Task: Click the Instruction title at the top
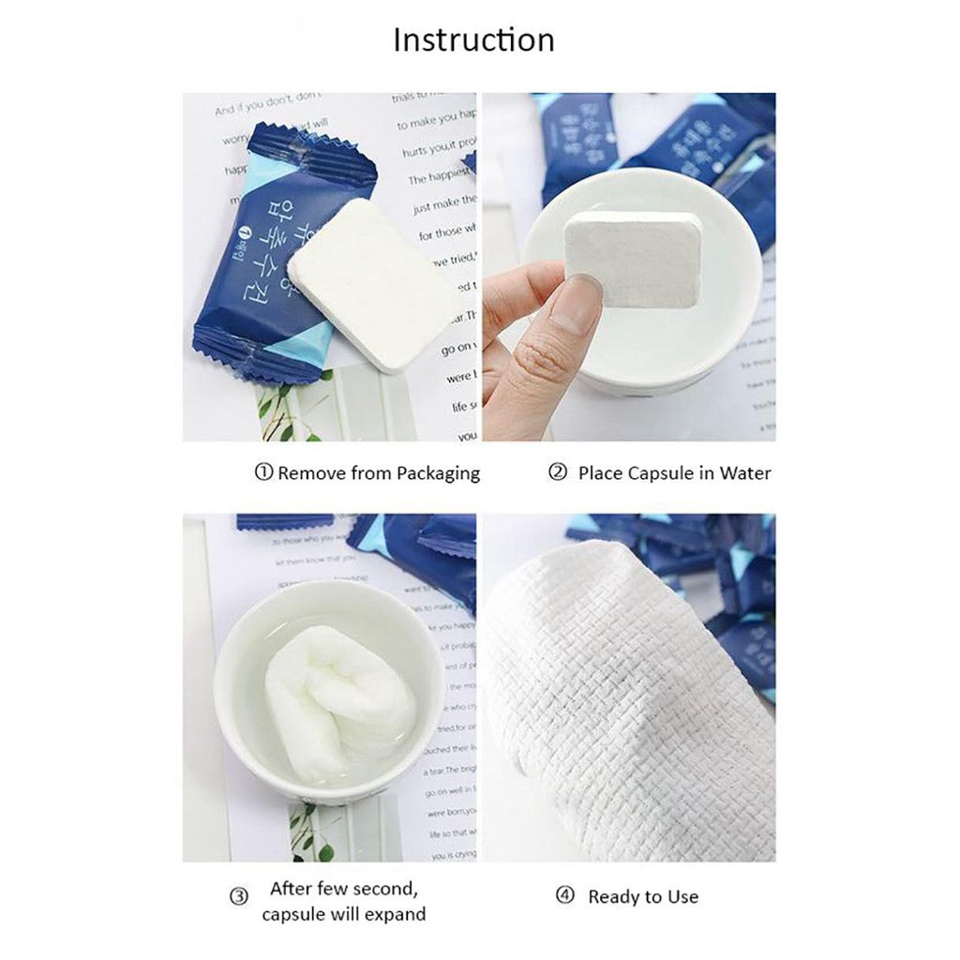473,40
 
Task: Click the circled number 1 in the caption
263,472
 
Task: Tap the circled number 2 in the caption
558,472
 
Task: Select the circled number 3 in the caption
239,896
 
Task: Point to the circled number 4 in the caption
564,896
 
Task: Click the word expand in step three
395,914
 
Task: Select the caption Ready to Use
642,897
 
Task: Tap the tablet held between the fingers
633,258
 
